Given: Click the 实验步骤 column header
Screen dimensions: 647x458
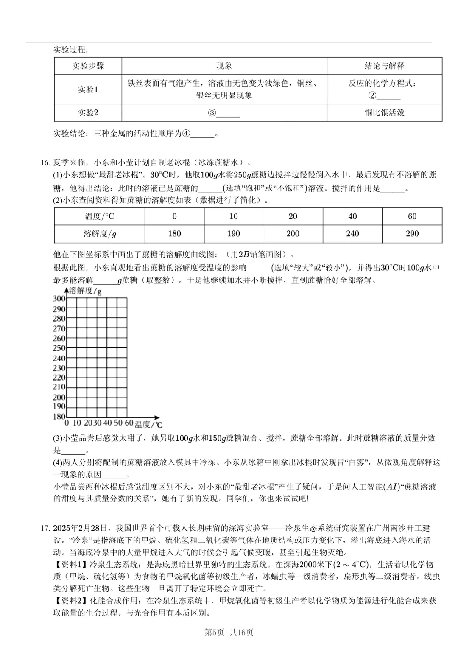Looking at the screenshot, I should [x=88, y=66].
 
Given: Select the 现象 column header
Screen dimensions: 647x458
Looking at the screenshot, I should [x=224, y=66].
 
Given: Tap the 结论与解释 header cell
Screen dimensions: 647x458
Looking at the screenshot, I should [x=384, y=66].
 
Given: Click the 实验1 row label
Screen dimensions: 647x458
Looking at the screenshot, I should [x=88, y=90].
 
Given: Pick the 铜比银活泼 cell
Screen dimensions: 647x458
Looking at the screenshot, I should [x=384, y=113].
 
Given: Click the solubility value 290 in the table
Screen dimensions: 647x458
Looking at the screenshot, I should [x=412, y=234].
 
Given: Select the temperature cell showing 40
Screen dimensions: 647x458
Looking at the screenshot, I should [x=352, y=216].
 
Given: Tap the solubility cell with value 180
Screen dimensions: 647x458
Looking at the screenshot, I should [x=174, y=234].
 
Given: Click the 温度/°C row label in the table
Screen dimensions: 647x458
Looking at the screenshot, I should [x=100, y=216].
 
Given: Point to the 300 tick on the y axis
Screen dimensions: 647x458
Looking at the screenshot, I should [x=59, y=299].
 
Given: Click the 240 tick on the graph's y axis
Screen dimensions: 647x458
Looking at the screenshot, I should [x=59, y=358].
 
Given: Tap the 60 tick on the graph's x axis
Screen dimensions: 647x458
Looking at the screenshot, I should [x=129, y=423].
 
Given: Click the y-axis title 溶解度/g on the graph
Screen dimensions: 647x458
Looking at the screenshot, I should [x=85, y=291].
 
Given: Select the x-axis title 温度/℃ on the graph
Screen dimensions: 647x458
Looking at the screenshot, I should [x=148, y=424].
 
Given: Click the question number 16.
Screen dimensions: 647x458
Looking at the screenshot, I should [x=45, y=162].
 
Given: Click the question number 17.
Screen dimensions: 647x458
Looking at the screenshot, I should [x=45, y=528].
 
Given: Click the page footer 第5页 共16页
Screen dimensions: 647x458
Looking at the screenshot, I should [x=229, y=632].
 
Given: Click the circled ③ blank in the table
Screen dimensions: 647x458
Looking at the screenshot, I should [x=224, y=113].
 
